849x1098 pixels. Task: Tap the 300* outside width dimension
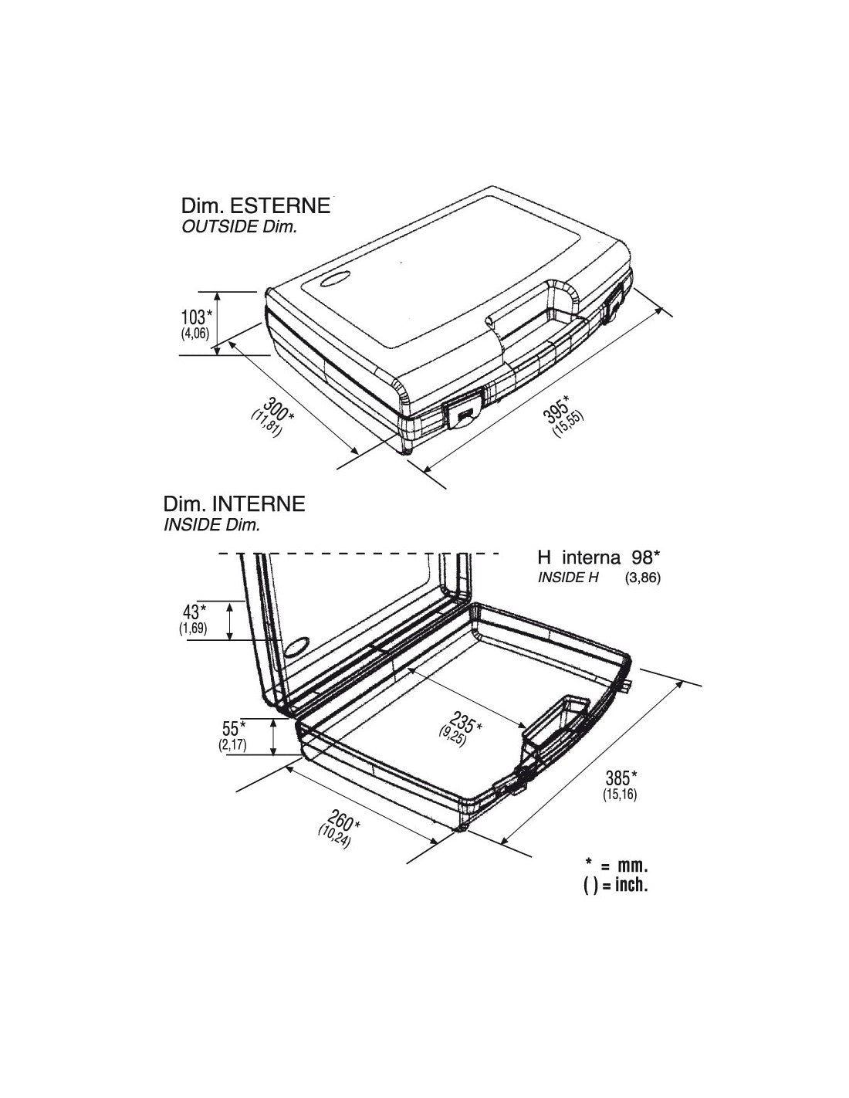[277, 410]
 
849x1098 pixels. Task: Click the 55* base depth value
[233, 728]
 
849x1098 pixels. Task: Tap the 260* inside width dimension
[343, 819]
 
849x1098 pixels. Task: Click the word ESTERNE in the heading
[279, 206]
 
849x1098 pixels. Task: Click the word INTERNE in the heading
[258, 504]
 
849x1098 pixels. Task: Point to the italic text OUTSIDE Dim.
[239, 227]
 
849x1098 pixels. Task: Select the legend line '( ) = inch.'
[616, 885]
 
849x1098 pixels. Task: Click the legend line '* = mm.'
[616, 865]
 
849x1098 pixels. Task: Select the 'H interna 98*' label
[598, 557]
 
